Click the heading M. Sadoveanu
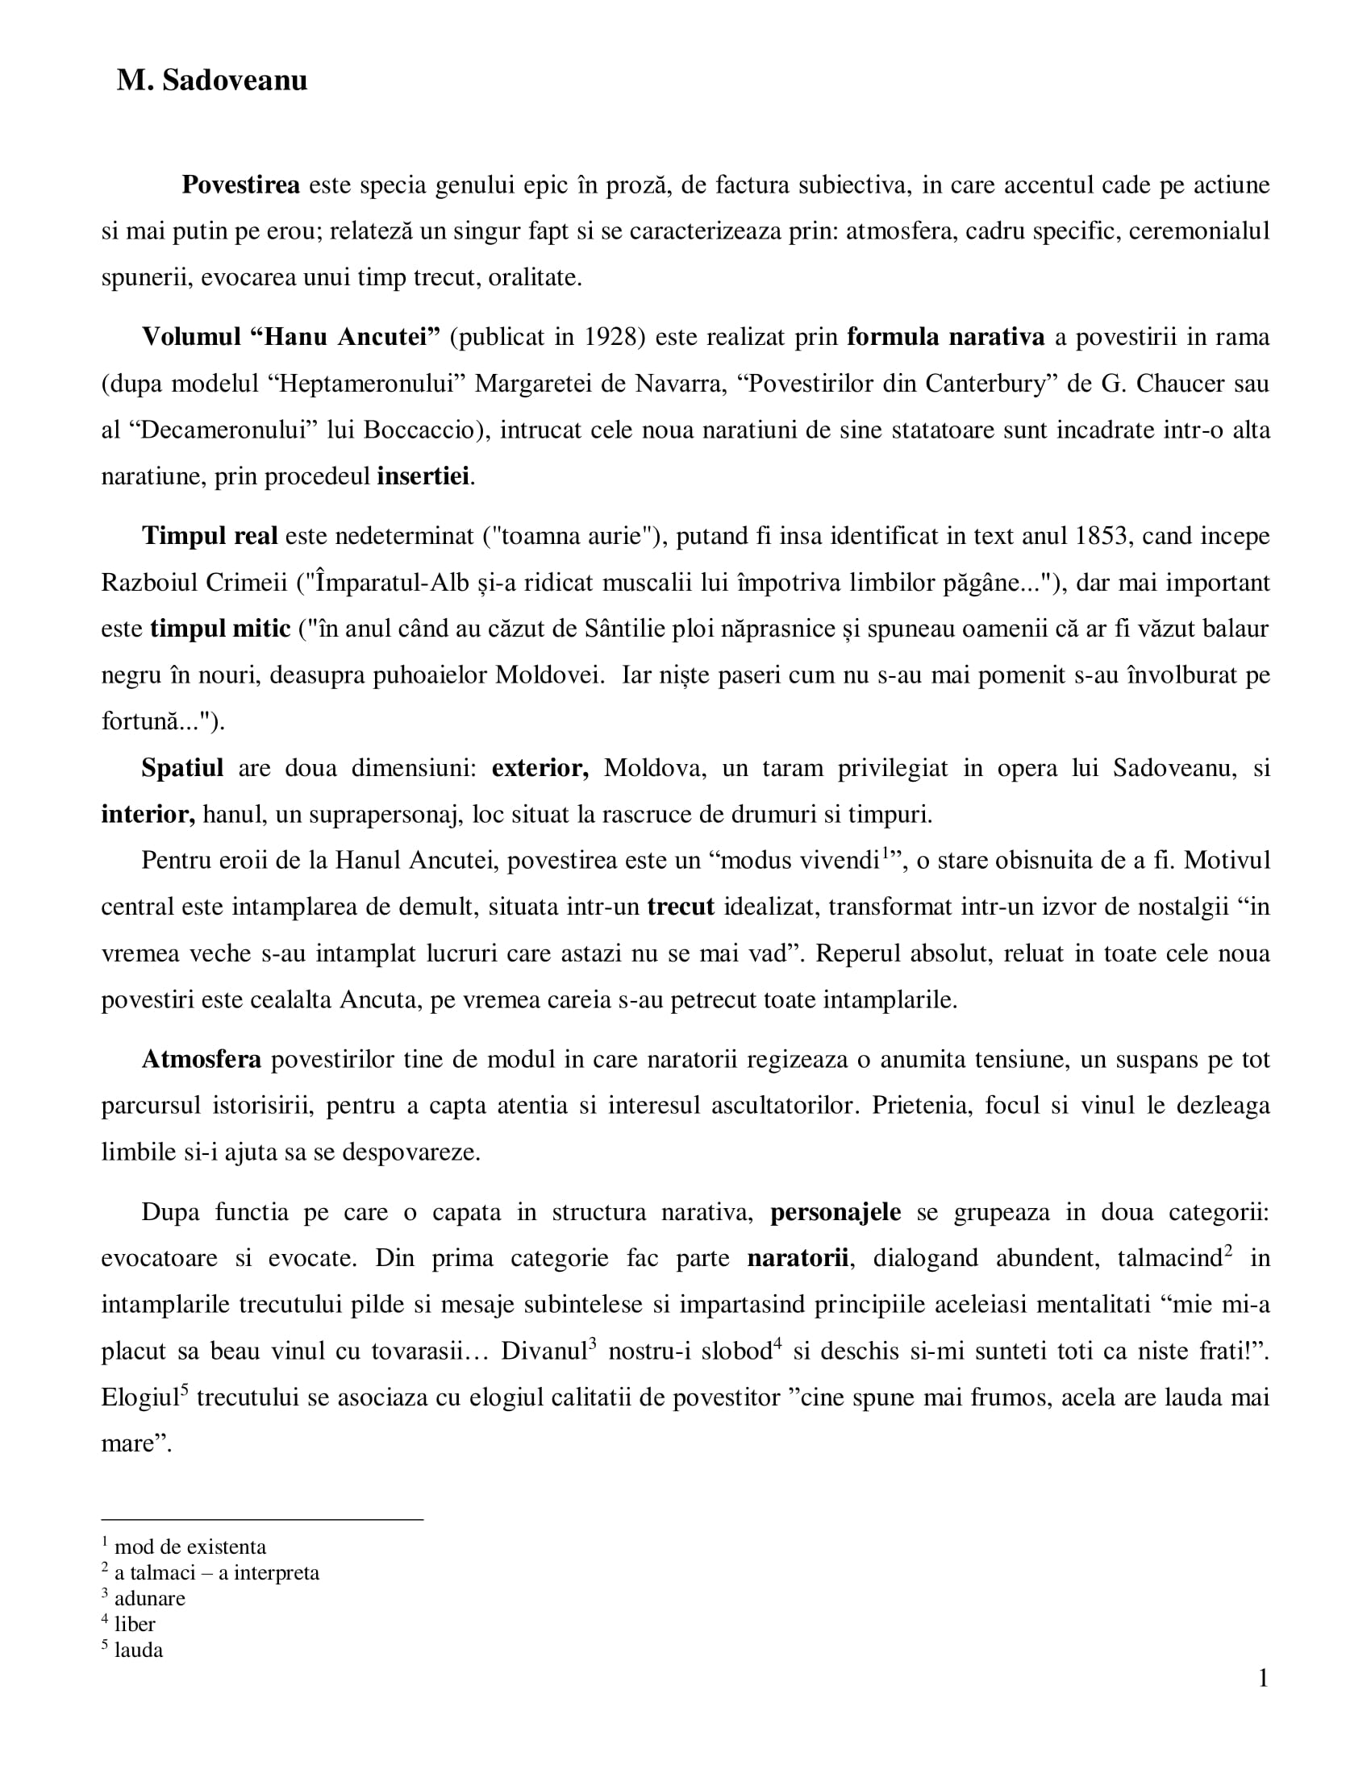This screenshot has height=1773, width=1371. pos(212,81)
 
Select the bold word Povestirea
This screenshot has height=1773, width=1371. pos(240,185)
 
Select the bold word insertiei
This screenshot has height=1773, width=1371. pos(423,475)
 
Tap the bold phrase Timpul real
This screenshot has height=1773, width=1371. pos(210,537)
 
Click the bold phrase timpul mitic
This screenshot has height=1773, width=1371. pos(220,629)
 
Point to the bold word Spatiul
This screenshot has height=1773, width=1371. pos(182,768)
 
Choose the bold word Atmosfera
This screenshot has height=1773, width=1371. pos(201,1060)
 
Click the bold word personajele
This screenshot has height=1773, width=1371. pos(835,1212)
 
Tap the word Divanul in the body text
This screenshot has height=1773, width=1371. pos(544,1351)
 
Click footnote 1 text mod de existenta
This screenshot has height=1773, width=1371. pos(190,1547)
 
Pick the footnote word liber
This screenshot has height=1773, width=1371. pos(135,1624)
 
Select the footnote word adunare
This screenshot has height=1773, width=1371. pos(149,1597)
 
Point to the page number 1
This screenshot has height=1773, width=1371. pos(1263,1678)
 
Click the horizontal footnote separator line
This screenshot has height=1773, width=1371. pos(262,1519)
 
